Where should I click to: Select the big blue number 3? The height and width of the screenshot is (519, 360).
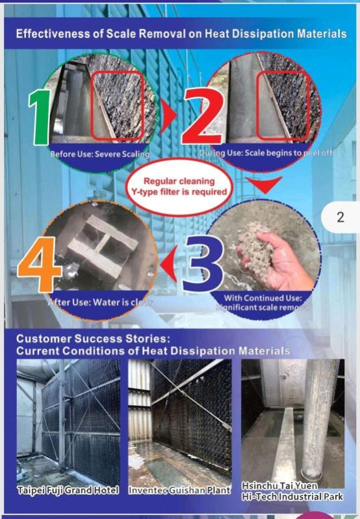click(202, 264)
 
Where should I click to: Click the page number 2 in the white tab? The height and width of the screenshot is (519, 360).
click(341, 217)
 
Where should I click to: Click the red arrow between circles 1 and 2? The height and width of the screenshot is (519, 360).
click(168, 115)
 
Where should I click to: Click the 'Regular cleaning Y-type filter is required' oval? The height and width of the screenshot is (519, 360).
click(179, 187)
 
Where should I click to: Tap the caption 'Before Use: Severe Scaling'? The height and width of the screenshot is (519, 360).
click(100, 154)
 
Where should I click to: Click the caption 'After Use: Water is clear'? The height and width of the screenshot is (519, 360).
click(100, 302)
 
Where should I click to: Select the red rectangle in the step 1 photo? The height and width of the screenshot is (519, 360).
click(118, 105)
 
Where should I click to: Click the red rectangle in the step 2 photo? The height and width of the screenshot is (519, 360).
click(283, 105)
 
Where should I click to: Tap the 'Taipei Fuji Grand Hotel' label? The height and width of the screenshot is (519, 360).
click(68, 490)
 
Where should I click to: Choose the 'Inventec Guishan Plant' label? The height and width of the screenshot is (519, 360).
click(179, 490)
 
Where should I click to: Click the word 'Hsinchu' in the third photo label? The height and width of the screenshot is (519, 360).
click(258, 486)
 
